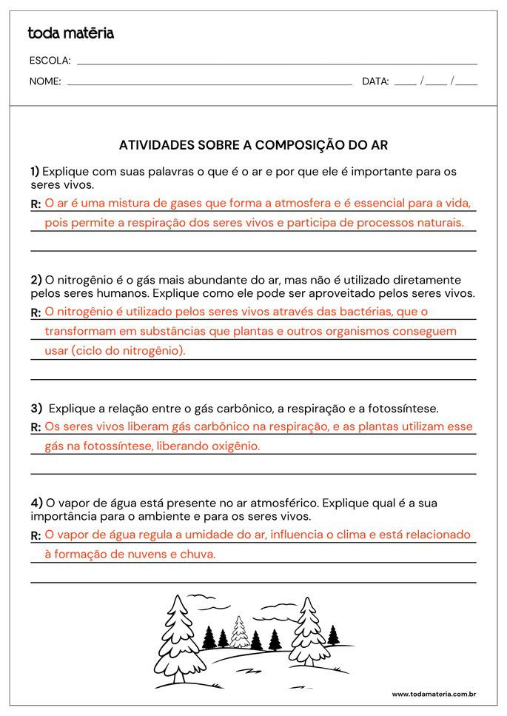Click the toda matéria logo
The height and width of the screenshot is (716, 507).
coord(70,33)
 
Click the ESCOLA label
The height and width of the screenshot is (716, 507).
coord(50,61)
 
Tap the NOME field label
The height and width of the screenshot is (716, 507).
coord(45,81)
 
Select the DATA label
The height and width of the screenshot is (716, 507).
coord(375,81)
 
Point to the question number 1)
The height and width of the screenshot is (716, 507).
coord(35,171)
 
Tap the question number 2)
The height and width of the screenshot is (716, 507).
coord(36,280)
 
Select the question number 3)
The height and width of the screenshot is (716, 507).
coord(36,408)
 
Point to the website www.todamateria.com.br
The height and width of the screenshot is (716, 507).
coord(433,694)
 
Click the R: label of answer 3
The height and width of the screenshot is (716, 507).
coord(36,427)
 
